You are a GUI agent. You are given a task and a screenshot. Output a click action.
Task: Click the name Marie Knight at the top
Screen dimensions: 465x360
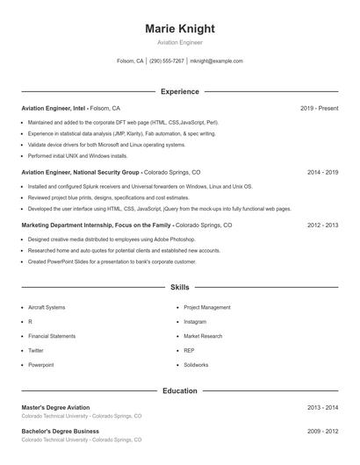click(179, 29)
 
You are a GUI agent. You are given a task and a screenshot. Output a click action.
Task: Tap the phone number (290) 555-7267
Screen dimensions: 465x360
click(167, 61)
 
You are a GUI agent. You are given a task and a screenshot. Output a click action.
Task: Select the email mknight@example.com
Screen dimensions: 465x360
click(216, 61)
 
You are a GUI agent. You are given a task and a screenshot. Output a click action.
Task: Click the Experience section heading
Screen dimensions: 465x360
click(179, 91)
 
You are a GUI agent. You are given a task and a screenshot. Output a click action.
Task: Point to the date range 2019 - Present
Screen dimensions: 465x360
click(319, 108)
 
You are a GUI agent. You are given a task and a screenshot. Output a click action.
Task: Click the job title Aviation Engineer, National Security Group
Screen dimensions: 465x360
click(80, 173)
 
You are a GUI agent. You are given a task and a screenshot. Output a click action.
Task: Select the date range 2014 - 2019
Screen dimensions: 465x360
click(322, 173)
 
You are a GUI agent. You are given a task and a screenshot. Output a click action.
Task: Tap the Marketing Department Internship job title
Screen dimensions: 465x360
click(96, 225)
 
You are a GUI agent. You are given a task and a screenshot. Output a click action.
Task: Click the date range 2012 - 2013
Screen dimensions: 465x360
click(322, 225)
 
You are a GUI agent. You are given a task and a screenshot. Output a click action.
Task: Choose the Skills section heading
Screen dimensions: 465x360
click(179, 287)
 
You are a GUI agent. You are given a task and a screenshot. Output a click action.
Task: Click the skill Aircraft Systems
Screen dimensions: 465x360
click(47, 308)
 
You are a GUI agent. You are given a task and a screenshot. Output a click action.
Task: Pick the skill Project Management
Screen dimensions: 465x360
click(206, 308)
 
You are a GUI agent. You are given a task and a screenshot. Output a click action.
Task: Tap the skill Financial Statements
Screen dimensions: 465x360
click(52, 336)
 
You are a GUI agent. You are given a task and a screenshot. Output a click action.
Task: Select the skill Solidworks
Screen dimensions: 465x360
click(196, 364)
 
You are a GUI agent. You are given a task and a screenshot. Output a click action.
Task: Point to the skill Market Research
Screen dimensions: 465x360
click(203, 336)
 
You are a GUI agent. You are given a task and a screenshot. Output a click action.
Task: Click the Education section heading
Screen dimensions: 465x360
click(179, 390)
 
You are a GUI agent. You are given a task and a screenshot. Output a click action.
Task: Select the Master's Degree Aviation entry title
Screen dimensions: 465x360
click(55, 408)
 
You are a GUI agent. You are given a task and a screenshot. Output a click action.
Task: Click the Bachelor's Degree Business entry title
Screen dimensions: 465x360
click(60, 432)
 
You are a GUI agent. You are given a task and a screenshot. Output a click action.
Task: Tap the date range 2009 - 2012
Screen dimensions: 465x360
click(322, 432)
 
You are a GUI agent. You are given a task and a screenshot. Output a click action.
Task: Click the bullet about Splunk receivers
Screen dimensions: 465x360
click(140, 187)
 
